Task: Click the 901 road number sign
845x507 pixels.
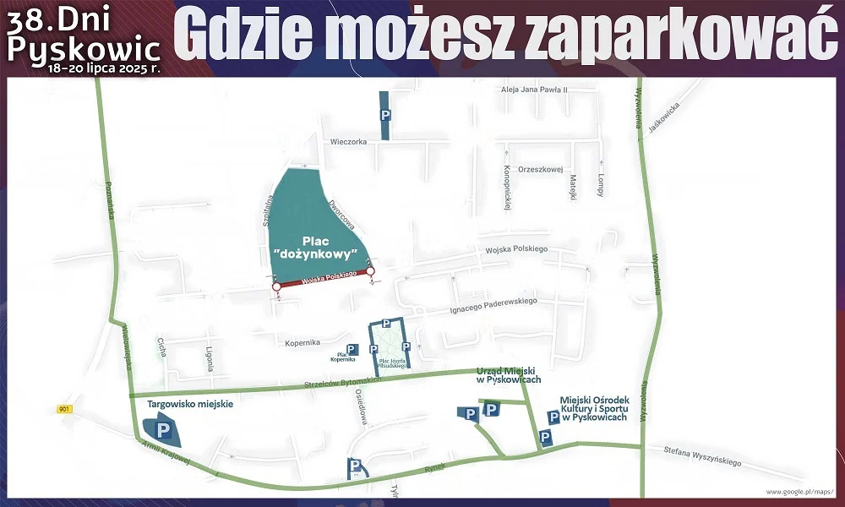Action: pyautogui.click(x=65, y=409)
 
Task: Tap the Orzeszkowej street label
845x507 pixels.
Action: pyautogui.click(x=541, y=169)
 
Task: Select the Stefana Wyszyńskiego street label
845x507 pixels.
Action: pyautogui.click(x=701, y=456)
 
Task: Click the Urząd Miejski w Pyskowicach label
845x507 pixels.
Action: pyautogui.click(x=508, y=375)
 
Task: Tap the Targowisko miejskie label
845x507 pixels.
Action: pyautogui.click(x=190, y=404)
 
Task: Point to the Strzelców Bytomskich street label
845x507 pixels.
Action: pyautogui.click(x=343, y=382)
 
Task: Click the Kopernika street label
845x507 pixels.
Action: pyautogui.click(x=302, y=342)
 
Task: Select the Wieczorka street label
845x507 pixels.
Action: pyautogui.click(x=349, y=142)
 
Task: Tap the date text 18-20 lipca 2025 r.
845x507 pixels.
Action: pyautogui.click(x=104, y=65)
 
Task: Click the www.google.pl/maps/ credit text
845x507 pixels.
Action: pyautogui.click(x=799, y=491)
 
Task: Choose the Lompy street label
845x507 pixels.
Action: pyautogui.click(x=600, y=185)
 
